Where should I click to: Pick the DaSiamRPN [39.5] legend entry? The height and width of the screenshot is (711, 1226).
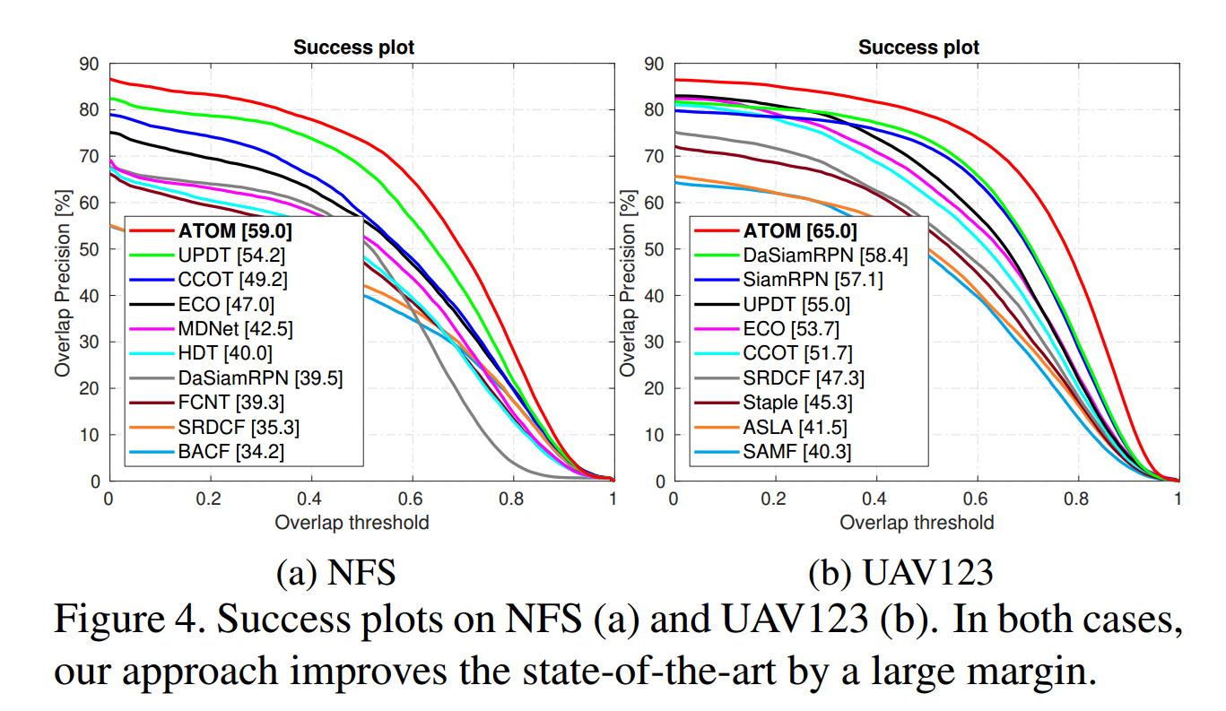[260, 378]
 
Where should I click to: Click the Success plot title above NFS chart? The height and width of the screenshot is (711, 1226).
[354, 48]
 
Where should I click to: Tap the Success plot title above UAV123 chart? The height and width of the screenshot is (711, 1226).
[919, 48]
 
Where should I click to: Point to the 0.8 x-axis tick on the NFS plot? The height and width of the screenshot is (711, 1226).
[512, 499]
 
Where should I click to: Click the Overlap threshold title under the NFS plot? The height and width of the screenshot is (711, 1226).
[352, 522]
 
